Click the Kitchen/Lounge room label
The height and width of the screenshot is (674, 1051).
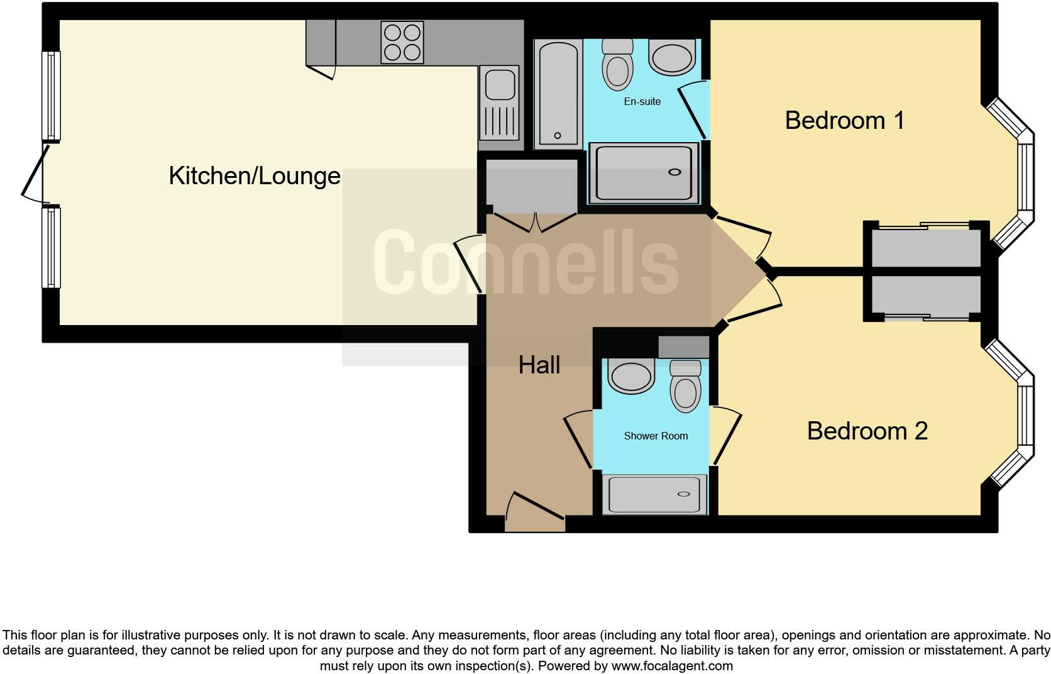coord(255,176)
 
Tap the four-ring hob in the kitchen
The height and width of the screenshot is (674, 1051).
coord(402,43)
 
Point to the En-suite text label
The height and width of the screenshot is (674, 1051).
coord(642,101)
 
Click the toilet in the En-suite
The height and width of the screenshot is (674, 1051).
coord(617,65)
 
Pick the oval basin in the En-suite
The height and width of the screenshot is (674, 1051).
coord(672,58)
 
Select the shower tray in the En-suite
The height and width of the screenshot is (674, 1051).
coord(644,173)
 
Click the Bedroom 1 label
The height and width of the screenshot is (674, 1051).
coord(844,120)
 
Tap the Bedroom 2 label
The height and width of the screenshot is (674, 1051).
coord(867,431)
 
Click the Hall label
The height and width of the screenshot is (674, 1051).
coord(539,365)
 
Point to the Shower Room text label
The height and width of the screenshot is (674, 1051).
coord(656,436)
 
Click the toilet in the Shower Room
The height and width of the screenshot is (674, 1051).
coord(686,387)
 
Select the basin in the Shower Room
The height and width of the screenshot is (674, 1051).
coord(631,377)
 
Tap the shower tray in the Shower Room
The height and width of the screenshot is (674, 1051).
coord(654,494)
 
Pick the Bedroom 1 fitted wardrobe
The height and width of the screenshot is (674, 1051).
coord(926,248)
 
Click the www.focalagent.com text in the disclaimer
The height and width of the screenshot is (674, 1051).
coord(672,666)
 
